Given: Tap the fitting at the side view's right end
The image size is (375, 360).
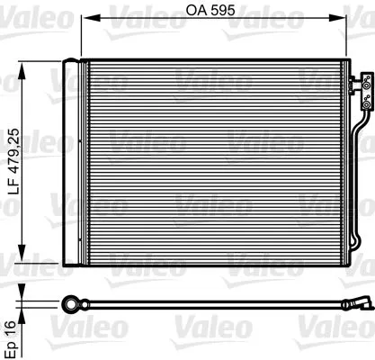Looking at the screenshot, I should pyautogui.click(x=362, y=302).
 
